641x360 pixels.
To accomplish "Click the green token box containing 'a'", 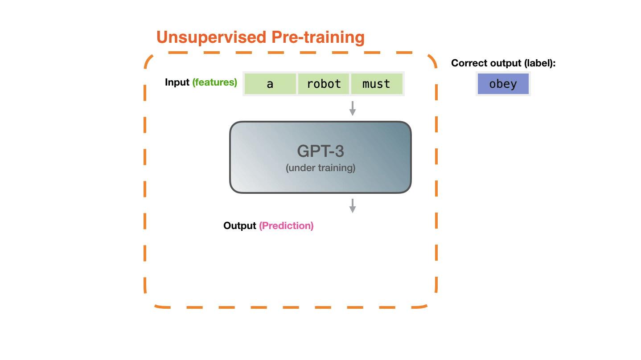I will pos(270,84).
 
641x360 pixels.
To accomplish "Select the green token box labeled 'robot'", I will pos(324,84).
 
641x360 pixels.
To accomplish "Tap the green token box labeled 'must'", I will pos(376,84).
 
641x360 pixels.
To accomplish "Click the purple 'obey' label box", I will pos(503,84).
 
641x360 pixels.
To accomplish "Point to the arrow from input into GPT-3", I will pos(352,108).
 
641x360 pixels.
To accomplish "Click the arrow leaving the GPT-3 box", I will pos(352,205).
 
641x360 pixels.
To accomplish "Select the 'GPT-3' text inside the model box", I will pos(320,151).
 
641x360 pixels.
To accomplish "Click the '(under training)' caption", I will pos(320,168).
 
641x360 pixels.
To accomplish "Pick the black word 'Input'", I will pos(177,82).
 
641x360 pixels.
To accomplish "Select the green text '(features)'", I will pos(215,82).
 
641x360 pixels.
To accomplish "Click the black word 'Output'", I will pos(239,226).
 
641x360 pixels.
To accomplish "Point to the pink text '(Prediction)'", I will pos(286,226).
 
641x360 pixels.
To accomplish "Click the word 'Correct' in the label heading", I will pos(468,63).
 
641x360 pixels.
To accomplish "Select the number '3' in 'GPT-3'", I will pos(339,151).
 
